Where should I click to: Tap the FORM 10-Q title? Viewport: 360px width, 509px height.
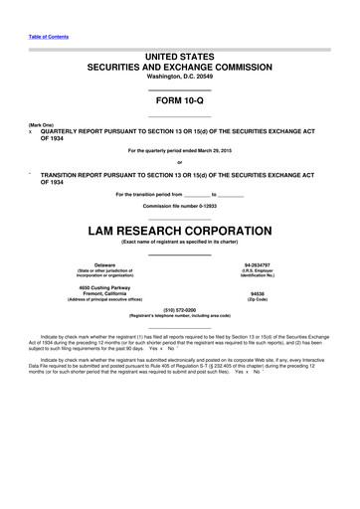(x=179, y=101)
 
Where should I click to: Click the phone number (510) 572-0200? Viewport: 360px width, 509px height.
(x=179, y=309)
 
